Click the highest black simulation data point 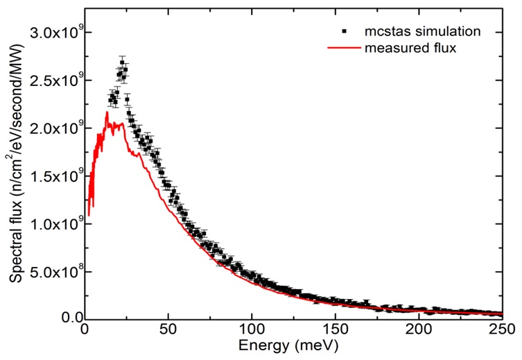click(122, 62)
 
